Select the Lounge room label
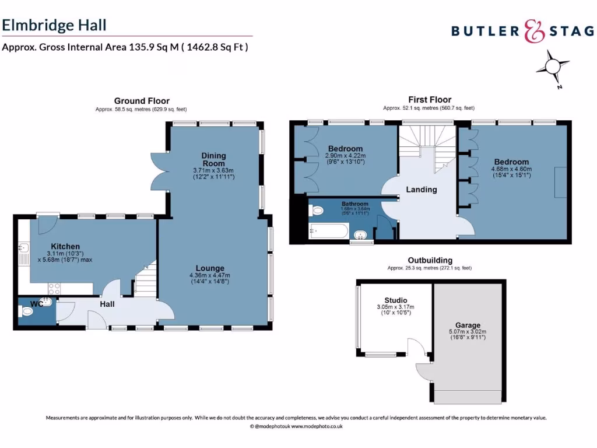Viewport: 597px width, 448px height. tap(210, 268)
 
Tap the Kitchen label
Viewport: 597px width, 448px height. tap(65, 246)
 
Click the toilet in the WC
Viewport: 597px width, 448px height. tap(27, 312)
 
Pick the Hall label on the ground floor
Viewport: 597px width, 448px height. tap(107, 304)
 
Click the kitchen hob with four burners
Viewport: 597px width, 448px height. tap(55, 288)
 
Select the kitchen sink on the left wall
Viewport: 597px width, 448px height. tap(23, 252)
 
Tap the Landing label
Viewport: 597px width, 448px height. tap(422, 190)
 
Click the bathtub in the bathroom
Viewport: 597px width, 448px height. tap(328, 232)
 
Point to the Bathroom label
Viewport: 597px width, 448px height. tap(354, 204)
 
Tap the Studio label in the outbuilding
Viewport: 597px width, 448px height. tap(396, 300)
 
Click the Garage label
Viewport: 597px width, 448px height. tap(468, 325)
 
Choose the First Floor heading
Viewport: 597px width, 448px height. tap(429, 100)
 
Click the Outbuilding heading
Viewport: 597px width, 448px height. tap(429, 260)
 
